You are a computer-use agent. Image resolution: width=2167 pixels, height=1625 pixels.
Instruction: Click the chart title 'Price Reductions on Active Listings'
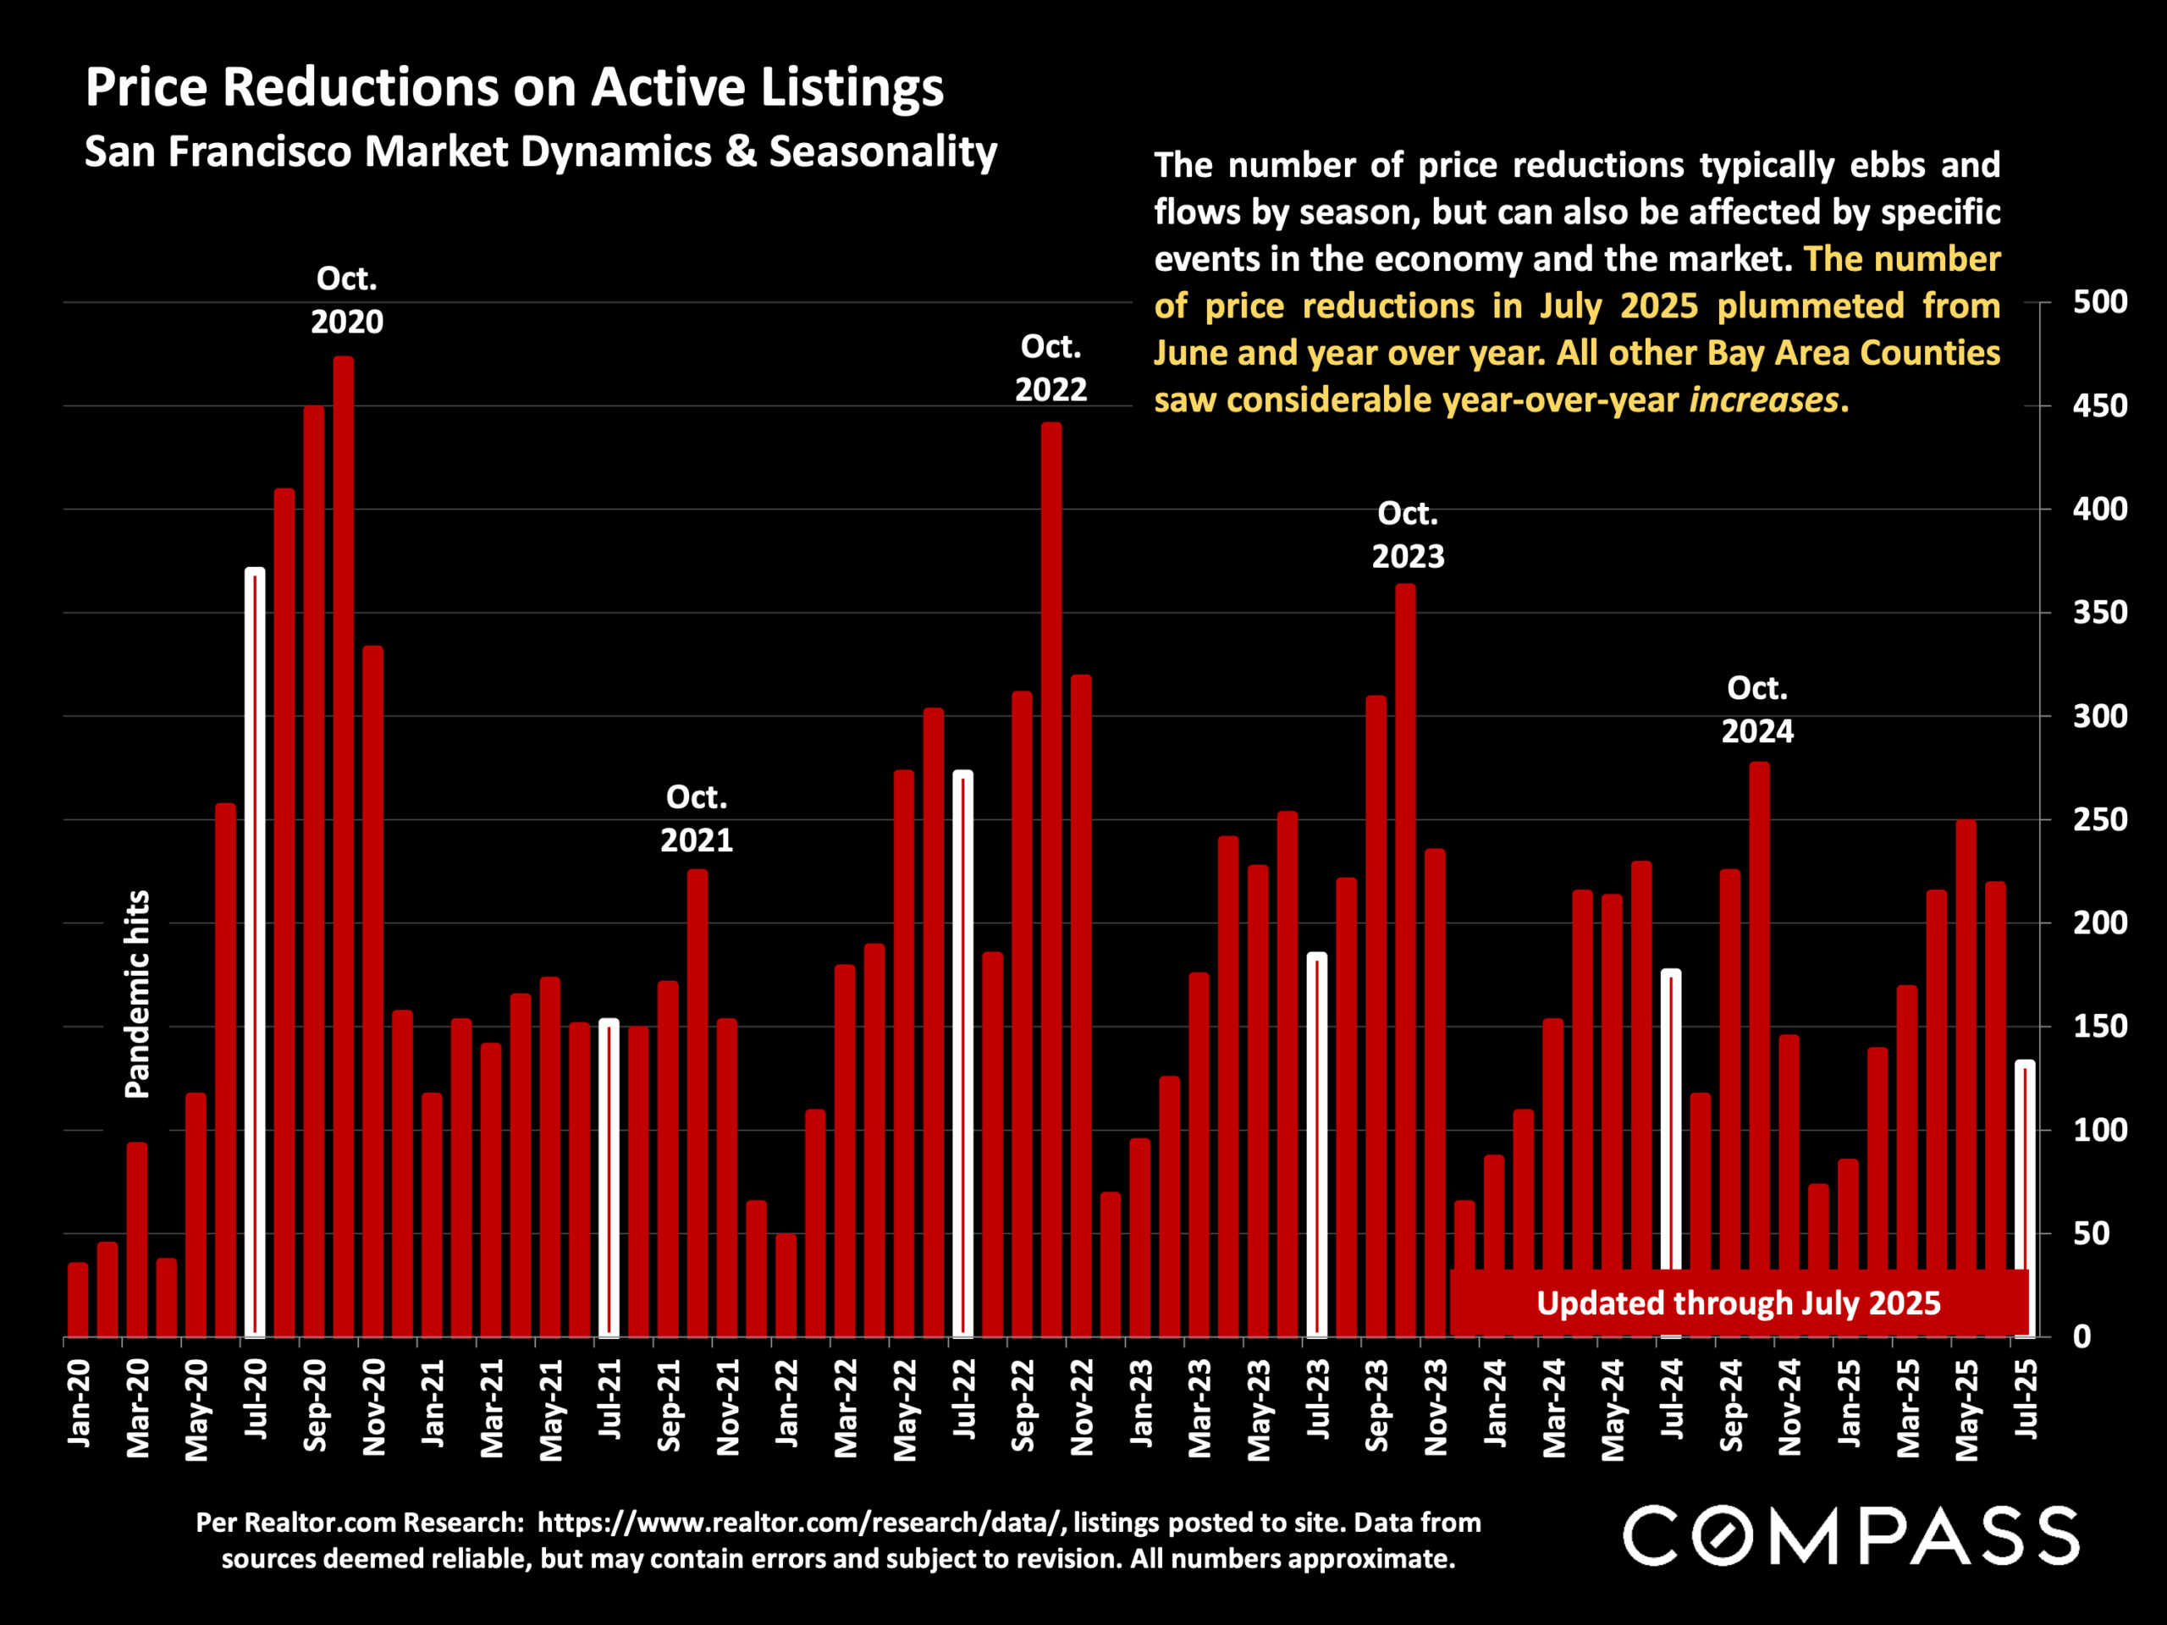pos(515,87)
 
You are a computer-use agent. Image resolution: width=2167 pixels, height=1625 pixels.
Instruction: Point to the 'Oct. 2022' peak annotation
pos(1050,368)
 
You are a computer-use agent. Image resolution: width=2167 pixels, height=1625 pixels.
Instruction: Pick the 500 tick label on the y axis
pos(2099,301)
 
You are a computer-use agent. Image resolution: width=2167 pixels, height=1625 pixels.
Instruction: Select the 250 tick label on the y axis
pos(2099,820)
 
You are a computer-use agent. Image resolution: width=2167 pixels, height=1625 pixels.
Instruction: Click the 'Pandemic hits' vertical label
pos(138,994)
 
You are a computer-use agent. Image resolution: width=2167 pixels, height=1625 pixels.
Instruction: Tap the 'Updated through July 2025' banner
pos(1738,1303)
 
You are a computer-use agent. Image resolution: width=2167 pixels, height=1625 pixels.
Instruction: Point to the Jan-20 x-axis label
pos(80,1402)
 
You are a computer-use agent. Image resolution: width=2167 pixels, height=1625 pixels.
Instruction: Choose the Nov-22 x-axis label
pos(1082,1407)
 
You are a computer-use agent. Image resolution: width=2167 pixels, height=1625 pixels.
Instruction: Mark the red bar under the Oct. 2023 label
pos(1405,960)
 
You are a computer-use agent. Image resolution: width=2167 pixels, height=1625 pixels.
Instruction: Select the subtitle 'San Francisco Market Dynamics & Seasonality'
pos(541,151)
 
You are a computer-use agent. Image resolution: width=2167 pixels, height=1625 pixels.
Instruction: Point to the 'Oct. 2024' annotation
pos(1757,710)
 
